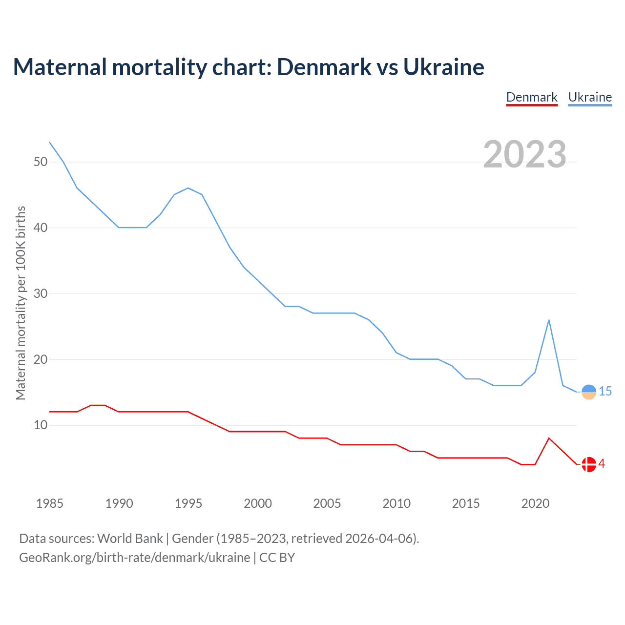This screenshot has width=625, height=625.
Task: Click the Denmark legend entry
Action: pyautogui.click(x=532, y=97)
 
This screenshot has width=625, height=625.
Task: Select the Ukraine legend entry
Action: pyautogui.click(x=590, y=97)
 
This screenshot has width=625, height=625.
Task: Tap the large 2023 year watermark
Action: pyautogui.click(x=524, y=154)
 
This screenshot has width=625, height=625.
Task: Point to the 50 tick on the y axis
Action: pyautogui.click(x=41, y=162)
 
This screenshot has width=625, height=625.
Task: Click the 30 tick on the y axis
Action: pyautogui.click(x=41, y=293)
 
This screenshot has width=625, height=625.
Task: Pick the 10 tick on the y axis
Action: pyautogui.click(x=41, y=425)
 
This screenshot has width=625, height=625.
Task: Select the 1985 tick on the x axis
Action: pyautogui.click(x=50, y=503)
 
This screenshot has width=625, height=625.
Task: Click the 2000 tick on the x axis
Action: pyautogui.click(x=258, y=503)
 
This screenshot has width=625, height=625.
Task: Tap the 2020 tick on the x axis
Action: pyautogui.click(x=535, y=503)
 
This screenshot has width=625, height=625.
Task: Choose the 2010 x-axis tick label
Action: pyautogui.click(x=396, y=503)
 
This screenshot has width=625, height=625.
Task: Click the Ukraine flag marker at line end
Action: pyautogui.click(x=589, y=392)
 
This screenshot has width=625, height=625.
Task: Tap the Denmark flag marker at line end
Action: pyautogui.click(x=589, y=464)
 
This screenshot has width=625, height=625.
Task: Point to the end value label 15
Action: pyautogui.click(x=605, y=391)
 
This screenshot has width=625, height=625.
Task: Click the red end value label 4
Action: pyautogui.click(x=602, y=463)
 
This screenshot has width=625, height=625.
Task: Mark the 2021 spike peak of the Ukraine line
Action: pyautogui.click(x=549, y=320)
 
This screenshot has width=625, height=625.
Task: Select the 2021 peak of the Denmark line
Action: pyautogui.click(x=549, y=438)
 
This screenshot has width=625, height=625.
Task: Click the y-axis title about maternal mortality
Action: pyautogui.click(x=21, y=303)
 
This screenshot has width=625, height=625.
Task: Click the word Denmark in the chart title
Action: pyautogui.click(x=324, y=67)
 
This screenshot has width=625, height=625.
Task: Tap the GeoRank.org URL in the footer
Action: pyautogui.click(x=134, y=557)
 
